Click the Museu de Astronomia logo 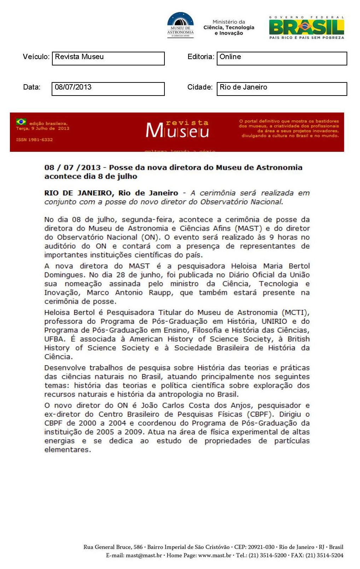pyautogui.click(x=180, y=24)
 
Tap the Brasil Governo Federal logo pyautogui.click(x=306, y=27)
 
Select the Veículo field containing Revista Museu pyautogui.click(x=108, y=58)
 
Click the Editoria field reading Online pyautogui.click(x=281, y=58)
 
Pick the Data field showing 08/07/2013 pyautogui.click(x=108, y=89)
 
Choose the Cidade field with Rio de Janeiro pyautogui.click(x=281, y=89)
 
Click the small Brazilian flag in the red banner pyautogui.click(x=21, y=122)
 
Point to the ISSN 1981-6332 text pyautogui.click(x=34, y=140)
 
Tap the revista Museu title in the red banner pyautogui.click(x=178, y=129)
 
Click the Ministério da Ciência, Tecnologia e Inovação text pyautogui.click(x=229, y=27)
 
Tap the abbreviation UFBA pyautogui.click(x=54, y=339)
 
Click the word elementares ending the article pyautogui.click(x=68, y=450)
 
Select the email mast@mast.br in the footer pyautogui.click(x=144, y=556)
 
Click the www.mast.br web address pyautogui.click(x=215, y=556)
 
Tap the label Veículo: pyautogui.click(x=36, y=57)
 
